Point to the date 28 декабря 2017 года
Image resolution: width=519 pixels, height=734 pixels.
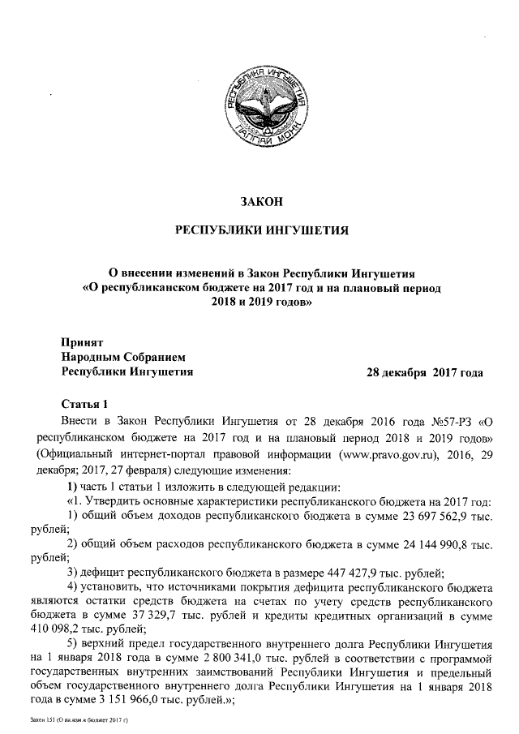click(425, 373)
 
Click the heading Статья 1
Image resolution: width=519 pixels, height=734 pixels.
click(84, 404)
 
